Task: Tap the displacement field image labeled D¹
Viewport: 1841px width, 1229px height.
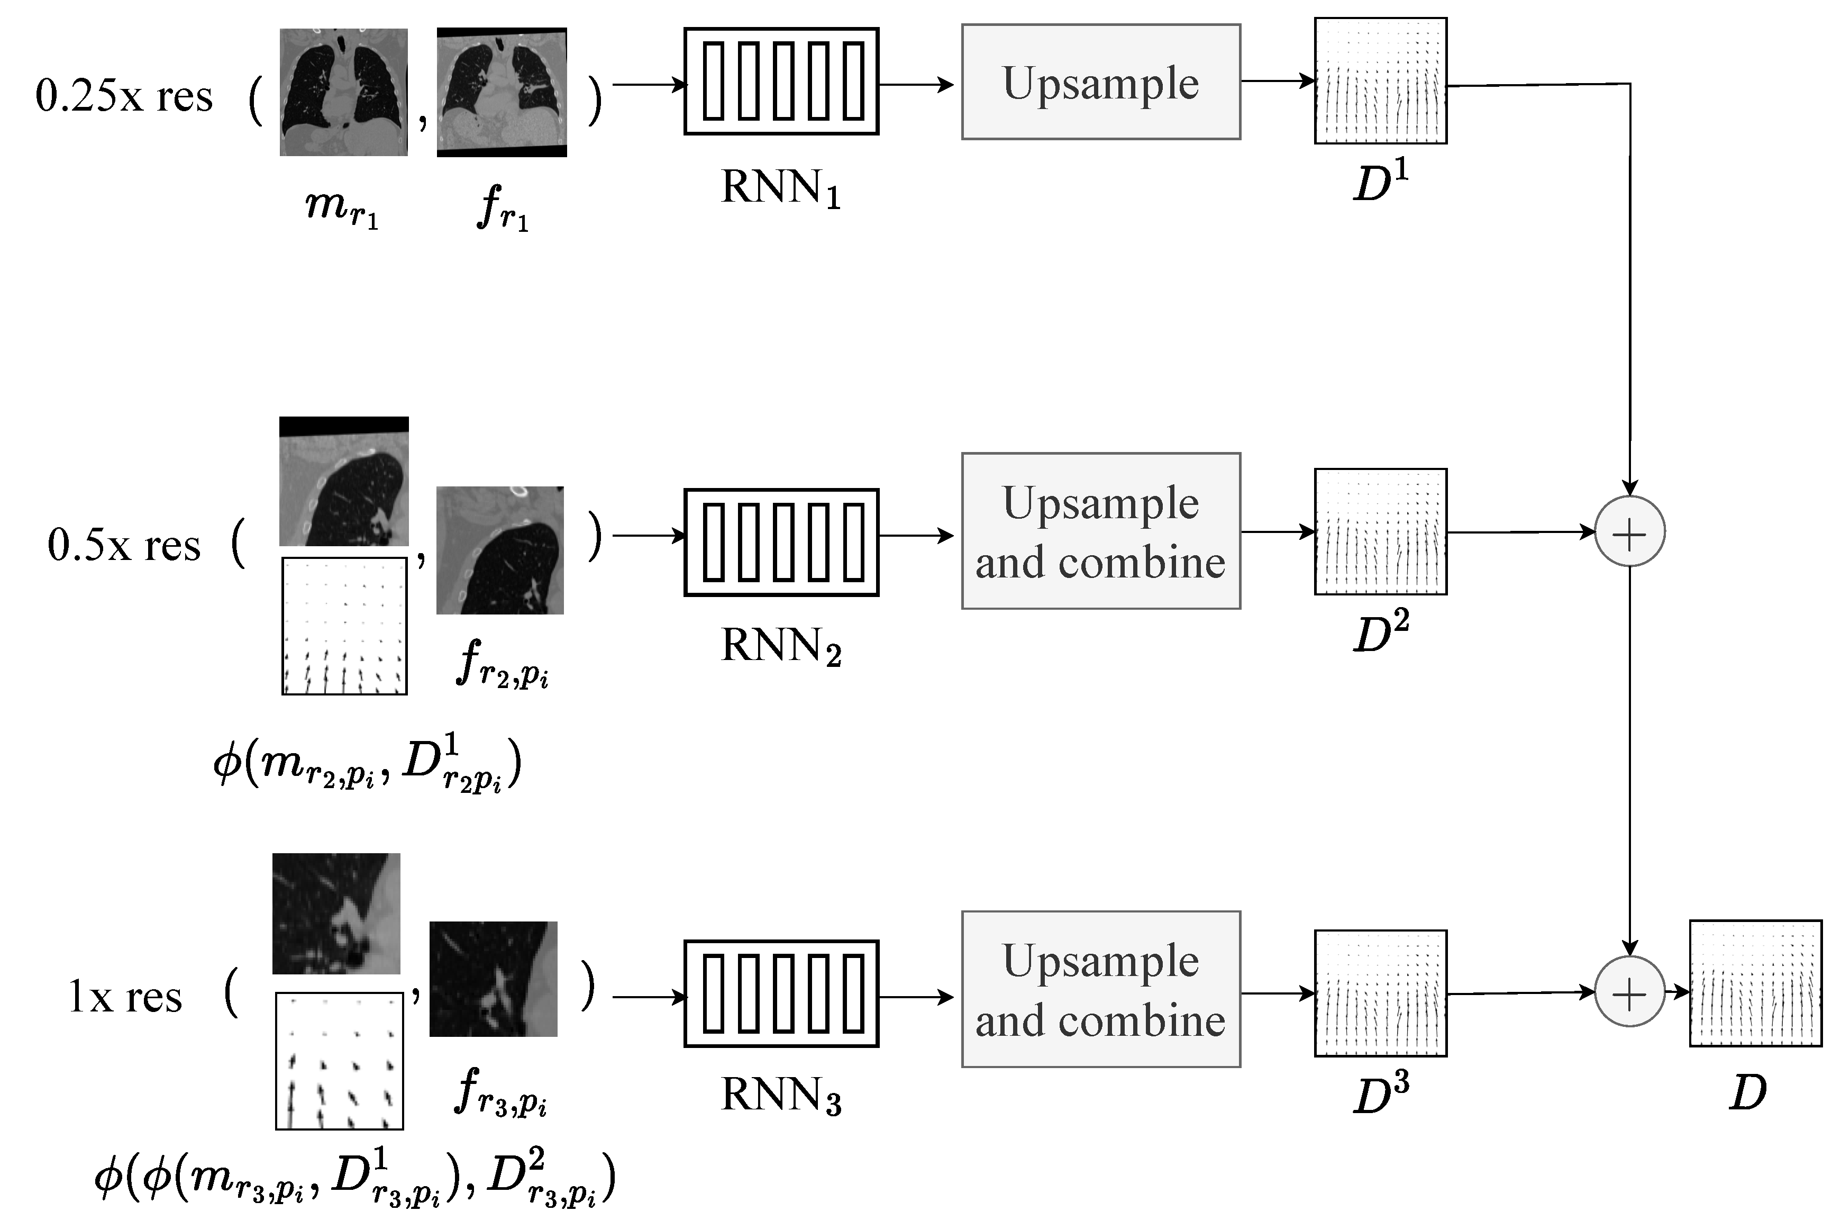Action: (1380, 81)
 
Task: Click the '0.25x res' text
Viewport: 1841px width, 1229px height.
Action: (124, 97)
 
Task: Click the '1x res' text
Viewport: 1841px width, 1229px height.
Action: (125, 998)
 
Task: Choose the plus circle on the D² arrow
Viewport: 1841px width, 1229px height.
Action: (1629, 532)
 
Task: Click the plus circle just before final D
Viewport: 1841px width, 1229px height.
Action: (1629, 992)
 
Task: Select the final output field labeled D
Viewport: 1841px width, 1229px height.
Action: (1754, 983)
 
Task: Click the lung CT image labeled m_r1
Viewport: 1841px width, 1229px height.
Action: (343, 93)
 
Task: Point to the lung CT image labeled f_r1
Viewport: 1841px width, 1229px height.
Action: (502, 93)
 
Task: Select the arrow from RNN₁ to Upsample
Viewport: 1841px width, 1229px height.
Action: (916, 84)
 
